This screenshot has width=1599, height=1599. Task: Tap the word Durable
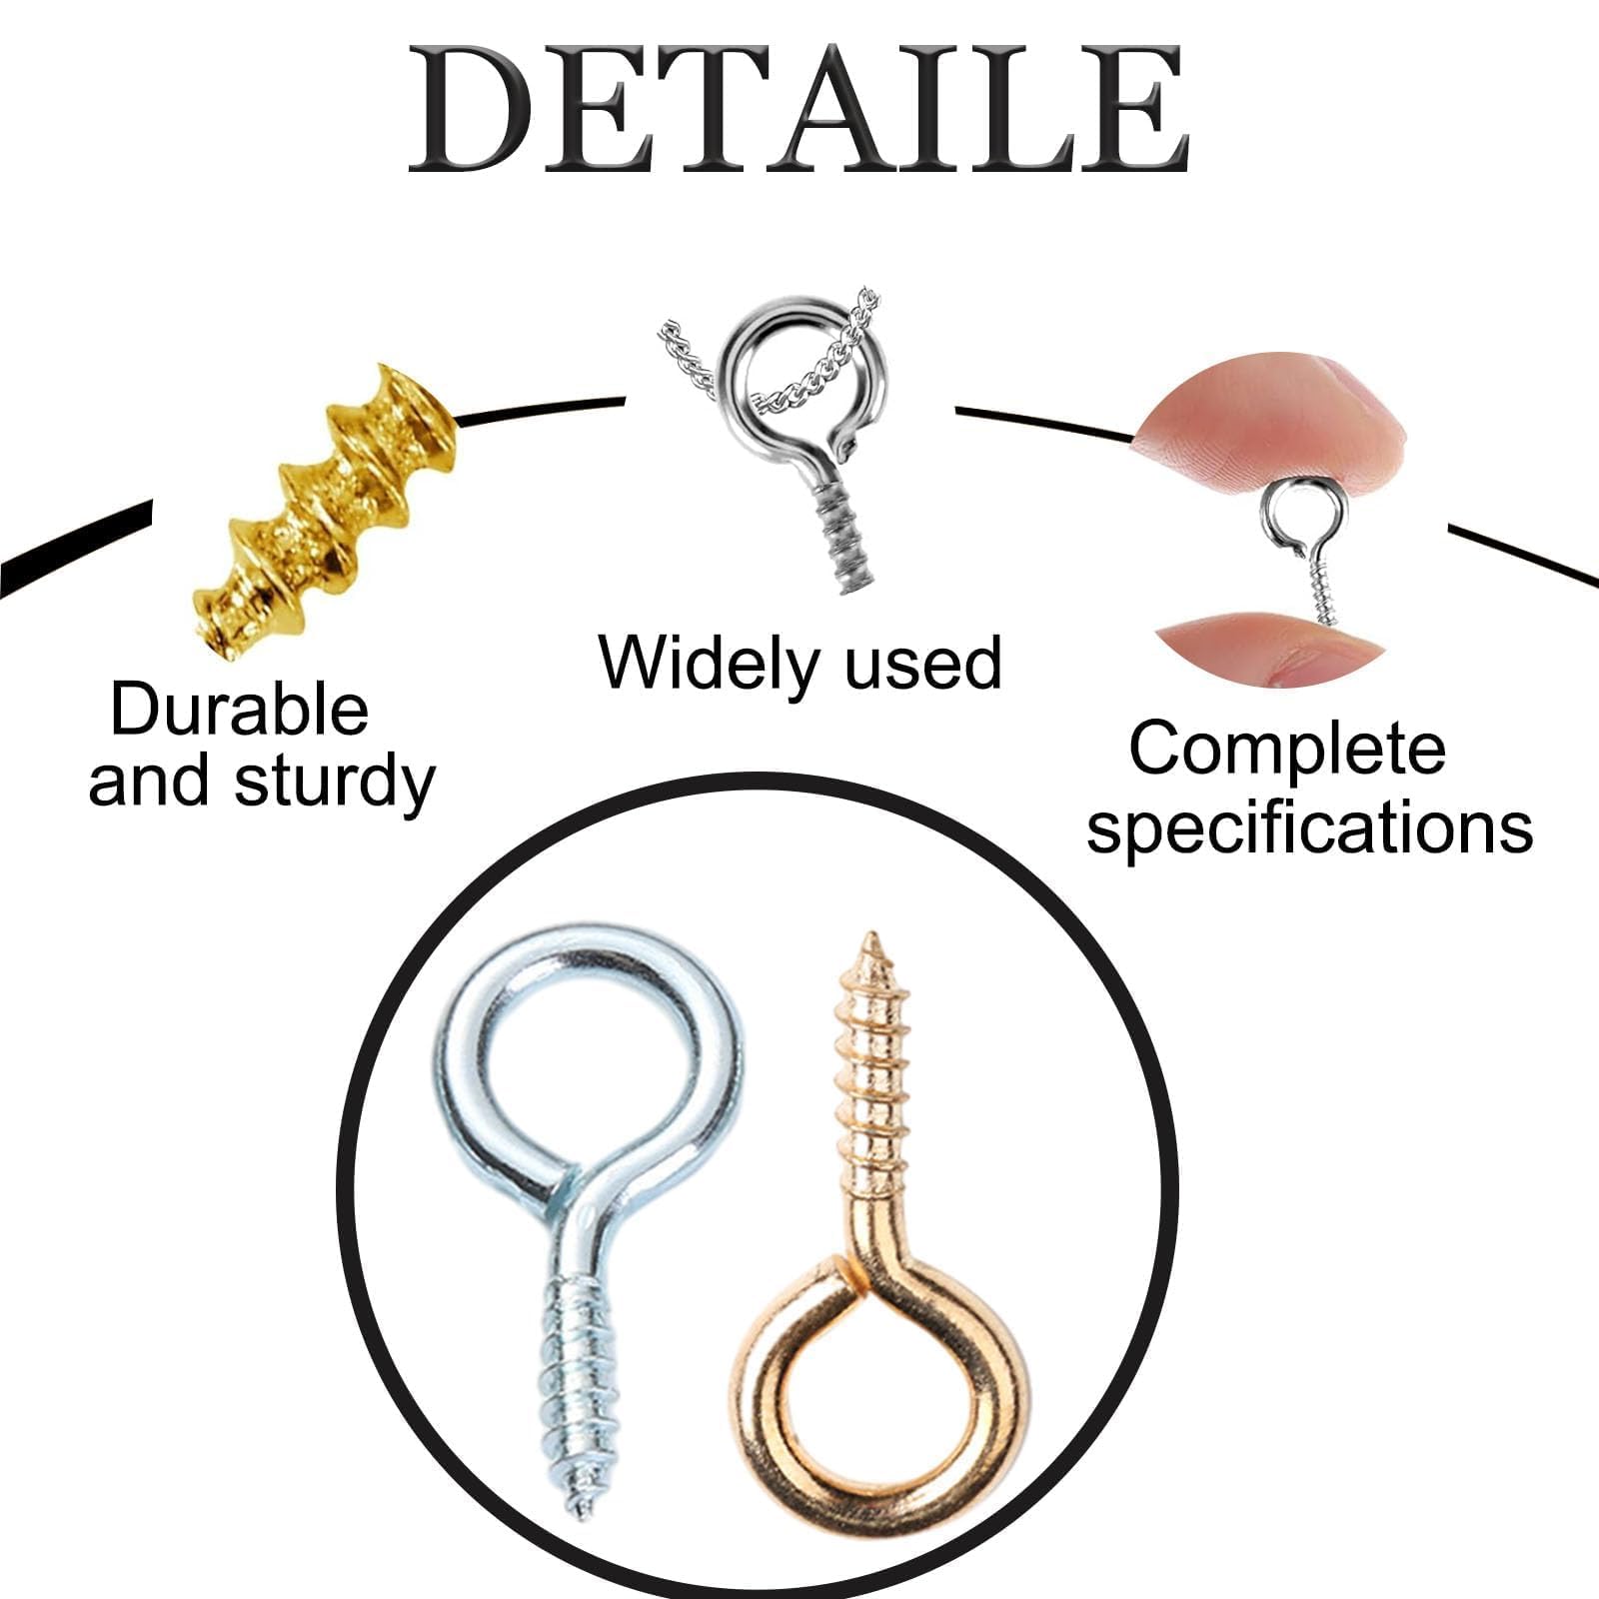click(239, 710)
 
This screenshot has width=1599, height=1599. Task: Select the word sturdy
click(335, 784)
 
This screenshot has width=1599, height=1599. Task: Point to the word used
click(923, 664)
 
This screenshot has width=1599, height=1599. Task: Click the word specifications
click(1309, 828)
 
